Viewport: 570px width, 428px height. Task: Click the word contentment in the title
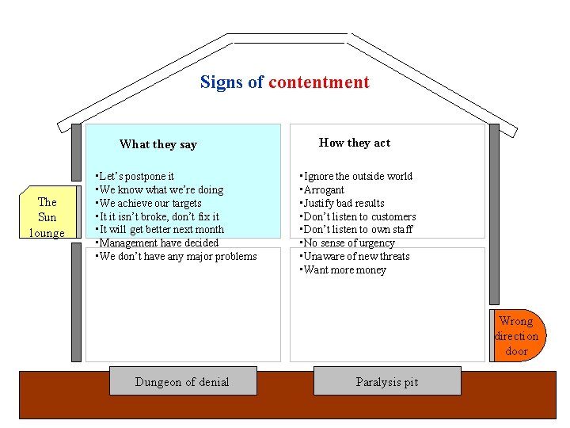tap(318, 82)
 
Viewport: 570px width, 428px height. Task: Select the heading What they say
tap(158, 144)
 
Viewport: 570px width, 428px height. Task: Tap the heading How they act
tap(354, 143)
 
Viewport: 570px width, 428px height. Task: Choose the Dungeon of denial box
tap(182, 382)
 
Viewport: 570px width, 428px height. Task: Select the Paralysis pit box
tap(386, 382)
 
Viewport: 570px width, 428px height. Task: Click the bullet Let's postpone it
tap(135, 176)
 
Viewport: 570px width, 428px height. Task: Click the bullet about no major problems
tap(177, 256)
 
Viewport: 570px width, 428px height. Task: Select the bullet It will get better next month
tap(160, 229)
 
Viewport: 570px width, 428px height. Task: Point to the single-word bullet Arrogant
tap(323, 189)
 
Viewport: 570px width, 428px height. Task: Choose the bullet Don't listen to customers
tap(359, 216)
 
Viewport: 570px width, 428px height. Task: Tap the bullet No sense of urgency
tap(348, 243)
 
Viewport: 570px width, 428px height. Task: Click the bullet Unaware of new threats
tap(353, 256)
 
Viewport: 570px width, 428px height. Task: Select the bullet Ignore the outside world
tap(357, 176)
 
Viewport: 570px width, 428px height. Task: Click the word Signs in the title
tap(222, 82)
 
